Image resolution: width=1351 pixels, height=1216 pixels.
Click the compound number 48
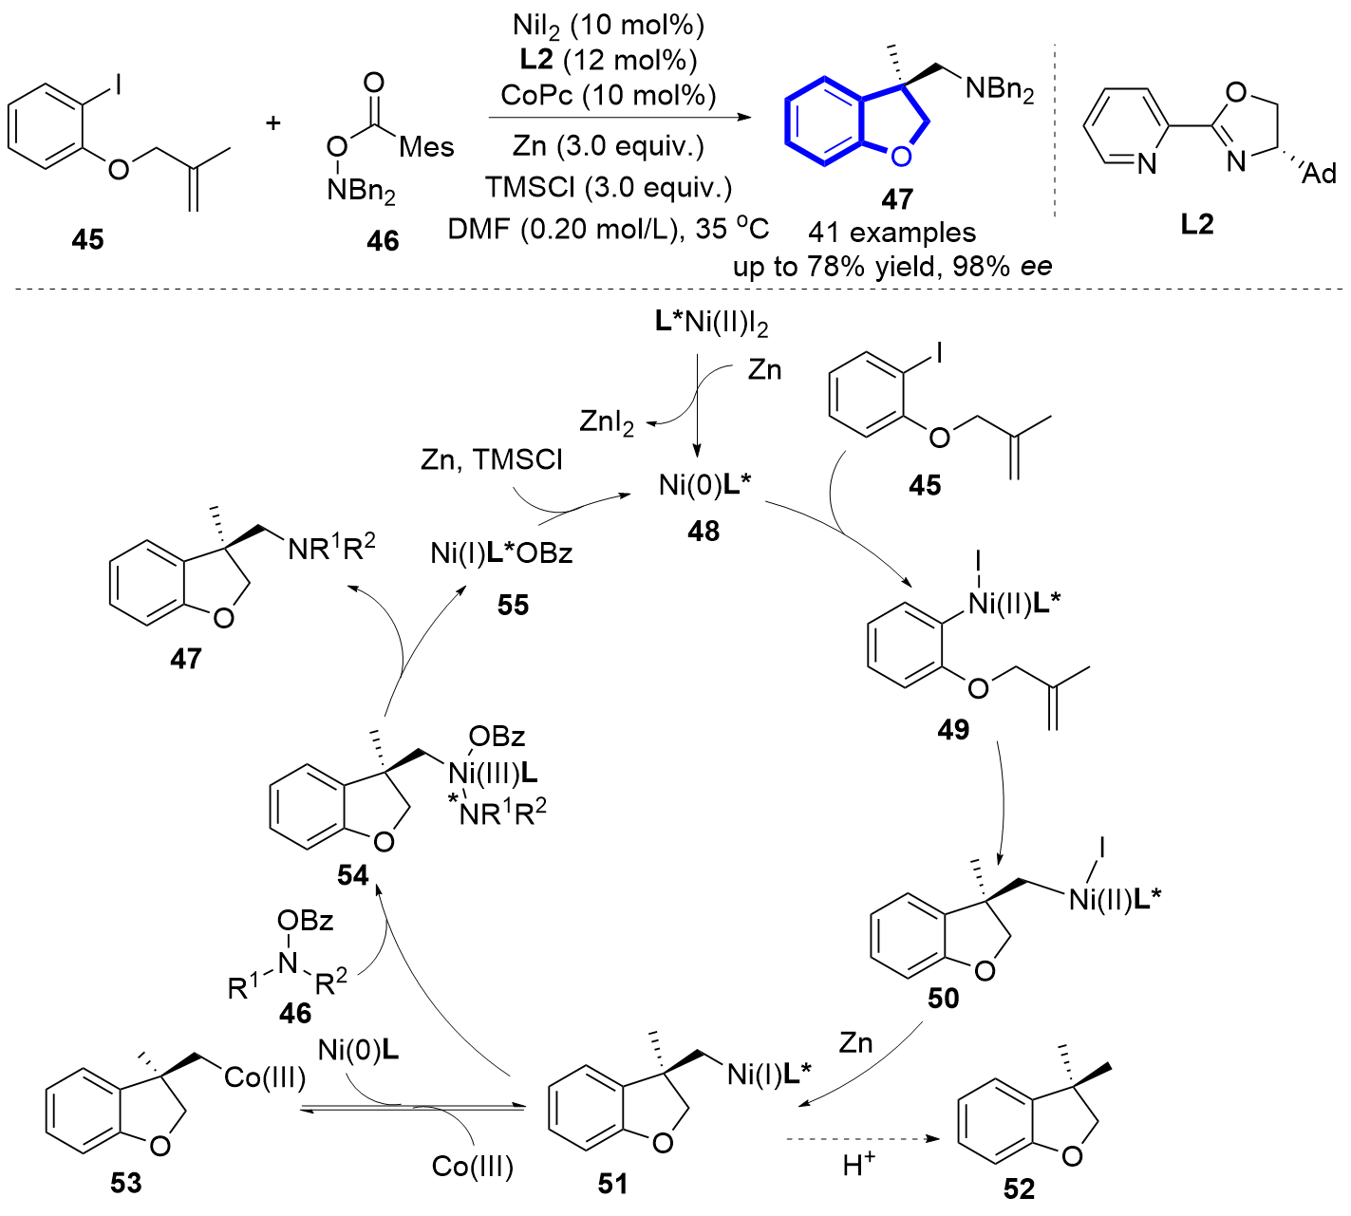[x=704, y=532]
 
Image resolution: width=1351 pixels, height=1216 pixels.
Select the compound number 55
[x=513, y=605]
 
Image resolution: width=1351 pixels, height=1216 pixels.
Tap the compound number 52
[x=1019, y=1188]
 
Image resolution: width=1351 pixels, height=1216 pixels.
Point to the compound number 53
[x=125, y=1183]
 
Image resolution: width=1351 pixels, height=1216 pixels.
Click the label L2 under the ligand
[x=1197, y=225]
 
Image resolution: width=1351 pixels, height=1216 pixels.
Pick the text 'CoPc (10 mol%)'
[x=609, y=95]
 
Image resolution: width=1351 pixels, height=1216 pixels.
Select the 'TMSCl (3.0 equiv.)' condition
[x=609, y=187]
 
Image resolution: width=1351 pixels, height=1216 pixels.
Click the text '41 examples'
[x=892, y=233]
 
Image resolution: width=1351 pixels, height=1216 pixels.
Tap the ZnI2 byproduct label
[x=607, y=421]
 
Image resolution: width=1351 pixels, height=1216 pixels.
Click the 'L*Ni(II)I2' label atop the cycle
[x=711, y=323]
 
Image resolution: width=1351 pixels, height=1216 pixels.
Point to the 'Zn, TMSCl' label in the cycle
[x=491, y=460]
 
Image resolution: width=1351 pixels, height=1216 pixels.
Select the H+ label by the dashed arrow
[x=858, y=1164]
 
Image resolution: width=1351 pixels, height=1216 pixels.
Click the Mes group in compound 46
[x=426, y=147]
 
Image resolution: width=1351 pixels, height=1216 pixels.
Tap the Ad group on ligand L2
[x=1319, y=173]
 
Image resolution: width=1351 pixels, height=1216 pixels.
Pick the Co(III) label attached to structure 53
[x=265, y=1078]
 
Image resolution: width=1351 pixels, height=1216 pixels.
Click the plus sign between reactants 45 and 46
[x=273, y=122]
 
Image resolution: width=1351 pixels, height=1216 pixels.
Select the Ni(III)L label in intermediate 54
[x=493, y=774]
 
